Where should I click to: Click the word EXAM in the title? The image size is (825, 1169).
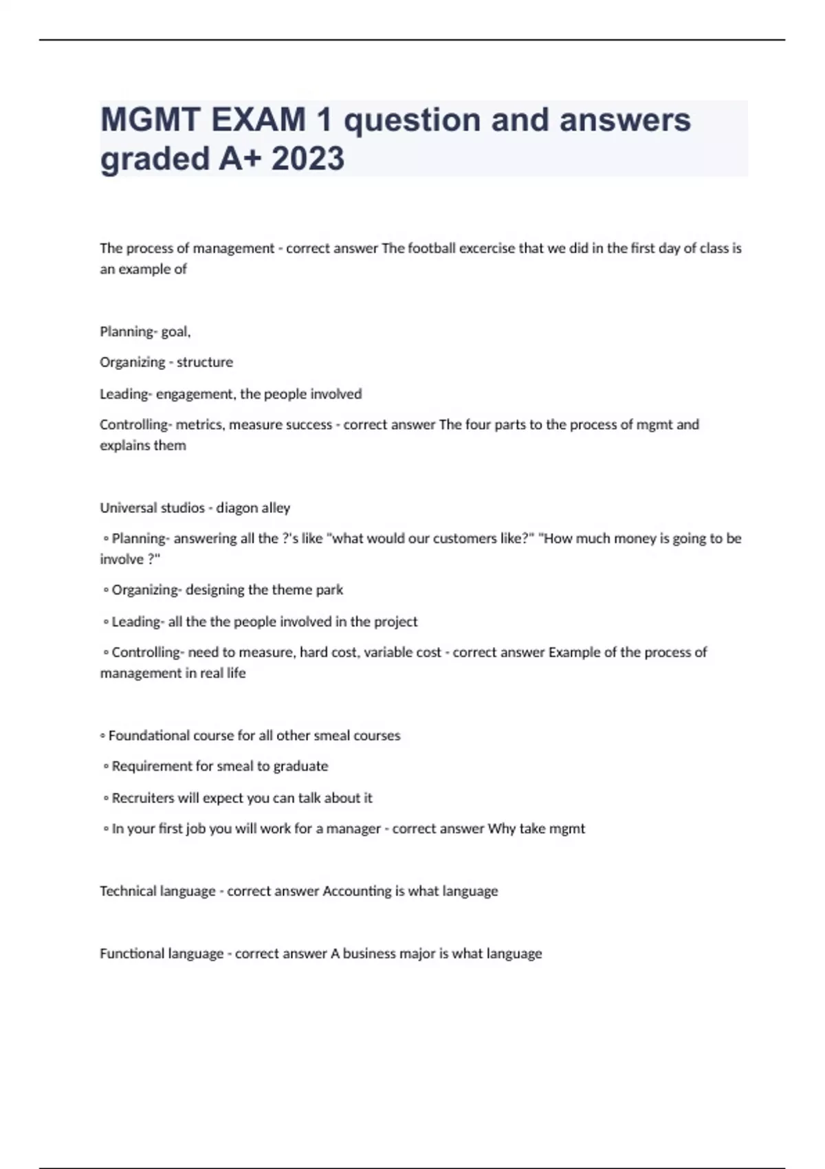(x=258, y=120)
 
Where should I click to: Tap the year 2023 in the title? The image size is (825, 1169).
(x=307, y=159)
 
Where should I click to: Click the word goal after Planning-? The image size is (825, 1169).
(x=175, y=332)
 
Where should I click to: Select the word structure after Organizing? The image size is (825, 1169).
(x=205, y=362)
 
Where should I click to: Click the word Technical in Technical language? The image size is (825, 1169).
(x=128, y=891)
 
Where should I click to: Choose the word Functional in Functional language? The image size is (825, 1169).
(x=131, y=954)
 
